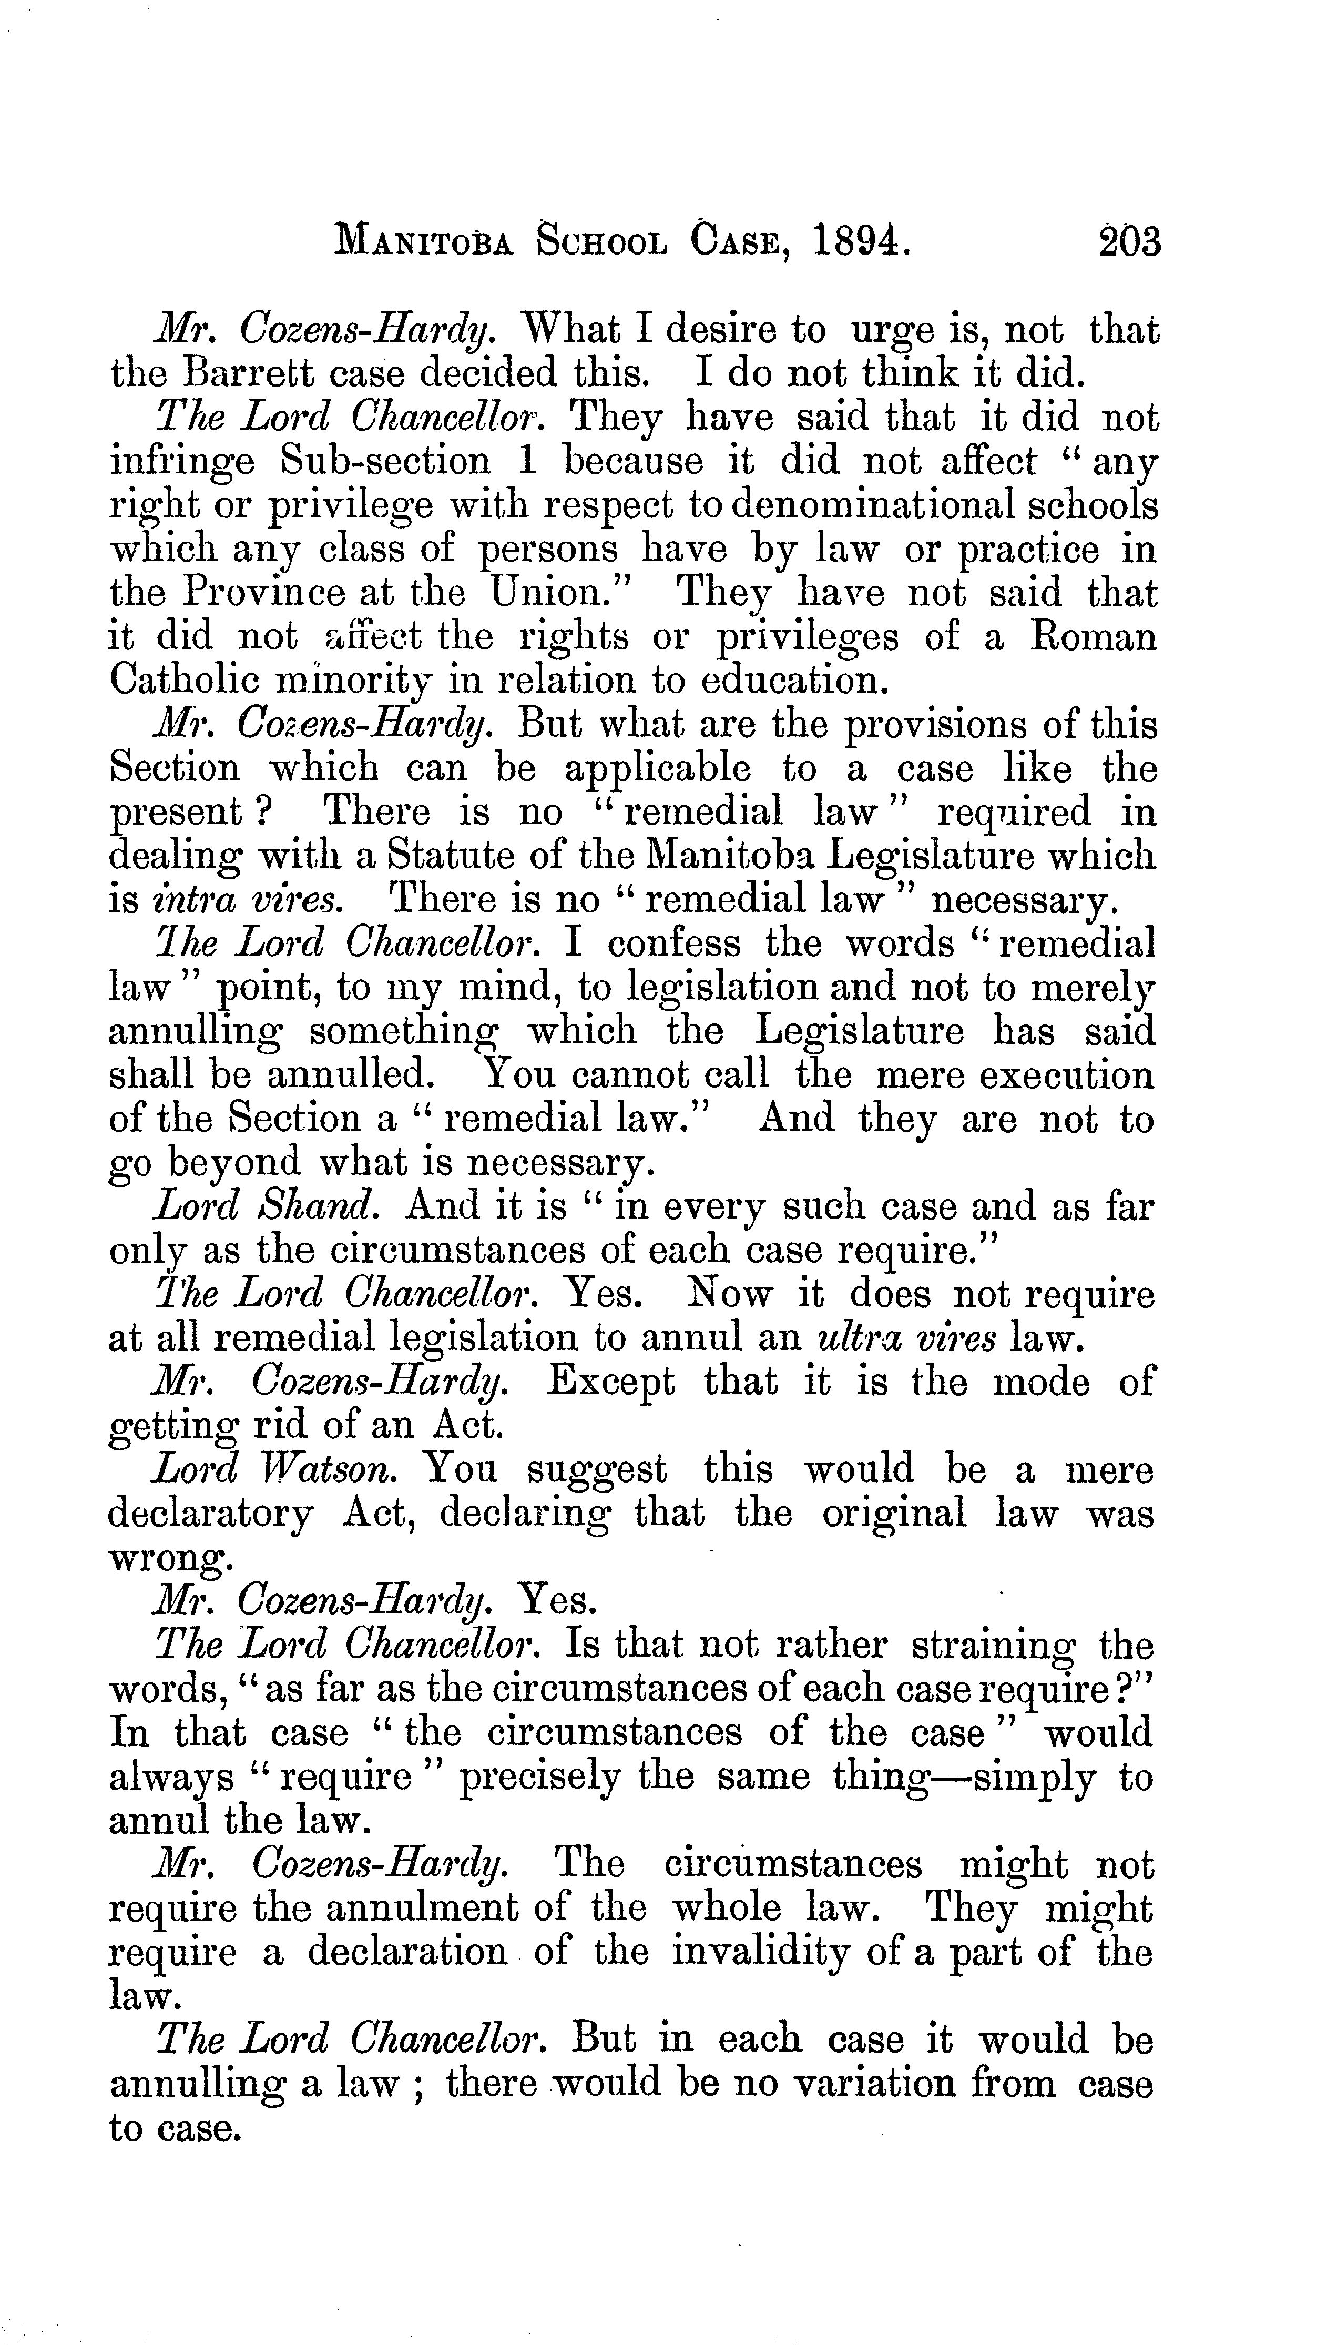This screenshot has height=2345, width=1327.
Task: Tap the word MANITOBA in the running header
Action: pyautogui.click(x=425, y=243)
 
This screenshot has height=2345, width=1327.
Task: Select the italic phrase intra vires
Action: pyautogui.click(x=244, y=900)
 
